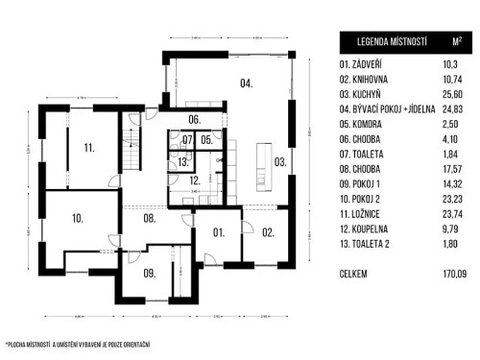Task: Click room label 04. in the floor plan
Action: (x=246, y=84)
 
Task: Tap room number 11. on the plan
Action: (x=88, y=149)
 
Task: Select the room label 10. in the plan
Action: (x=77, y=219)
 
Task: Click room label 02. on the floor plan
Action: (x=268, y=231)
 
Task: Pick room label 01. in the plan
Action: (x=218, y=231)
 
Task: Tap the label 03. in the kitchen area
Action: (x=279, y=161)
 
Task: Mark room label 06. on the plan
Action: (x=194, y=120)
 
